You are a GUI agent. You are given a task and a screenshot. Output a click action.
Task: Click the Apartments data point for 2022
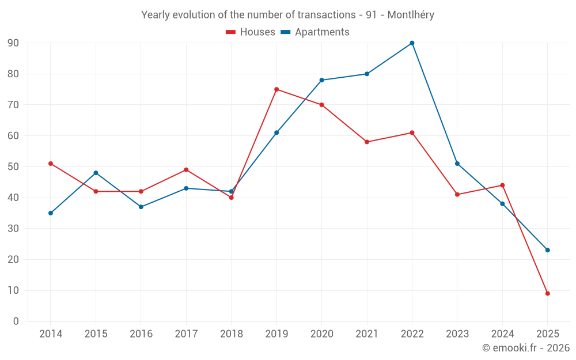tap(412, 43)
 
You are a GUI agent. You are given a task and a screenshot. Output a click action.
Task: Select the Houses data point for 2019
tap(276, 89)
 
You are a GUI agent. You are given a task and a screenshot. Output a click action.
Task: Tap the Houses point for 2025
tap(548, 294)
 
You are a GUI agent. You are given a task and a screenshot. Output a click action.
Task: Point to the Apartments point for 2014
tap(51, 213)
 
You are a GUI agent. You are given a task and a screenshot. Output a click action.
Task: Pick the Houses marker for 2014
tap(51, 164)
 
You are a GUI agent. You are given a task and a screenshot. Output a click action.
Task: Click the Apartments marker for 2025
tap(548, 250)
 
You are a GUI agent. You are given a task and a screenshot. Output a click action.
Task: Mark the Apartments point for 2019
tap(276, 132)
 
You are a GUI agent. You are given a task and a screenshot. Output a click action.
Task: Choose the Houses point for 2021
tap(367, 142)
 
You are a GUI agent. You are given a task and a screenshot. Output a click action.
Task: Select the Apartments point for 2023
tap(457, 164)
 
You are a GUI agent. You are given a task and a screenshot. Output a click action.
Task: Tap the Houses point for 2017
tap(186, 170)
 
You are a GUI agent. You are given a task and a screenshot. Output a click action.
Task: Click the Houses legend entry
tap(251, 32)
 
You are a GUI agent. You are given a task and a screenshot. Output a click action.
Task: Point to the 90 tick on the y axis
tap(13, 43)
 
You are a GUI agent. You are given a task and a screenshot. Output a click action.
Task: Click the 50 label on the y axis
tap(13, 167)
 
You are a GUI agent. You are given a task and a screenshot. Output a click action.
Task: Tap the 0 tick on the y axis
tap(16, 321)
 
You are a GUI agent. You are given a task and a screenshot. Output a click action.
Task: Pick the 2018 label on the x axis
tap(232, 334)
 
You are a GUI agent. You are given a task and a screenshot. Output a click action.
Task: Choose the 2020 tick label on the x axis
tap(321, 334)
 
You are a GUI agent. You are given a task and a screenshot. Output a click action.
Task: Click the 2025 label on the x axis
tap(548, 334)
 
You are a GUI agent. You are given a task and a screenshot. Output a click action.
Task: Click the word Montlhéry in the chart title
tap(411, 15)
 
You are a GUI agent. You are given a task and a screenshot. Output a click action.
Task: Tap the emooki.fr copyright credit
tap(526, 348)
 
